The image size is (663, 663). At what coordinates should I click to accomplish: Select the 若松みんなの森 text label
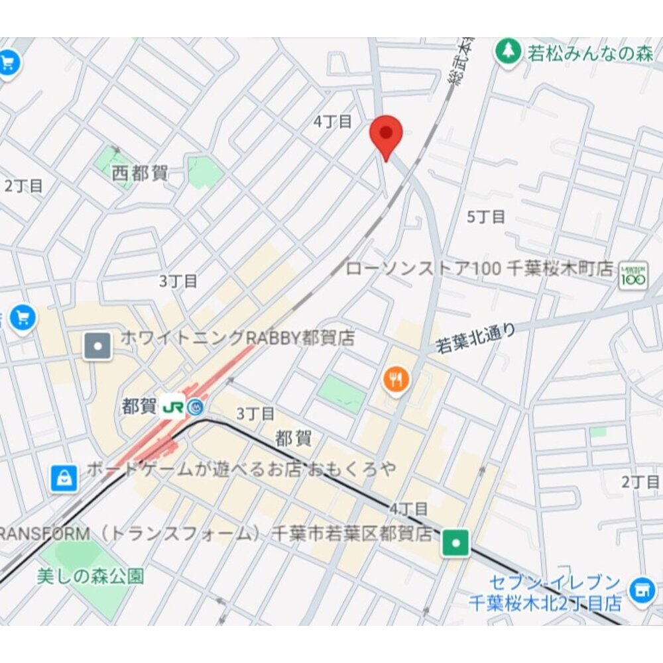tap(591, 54)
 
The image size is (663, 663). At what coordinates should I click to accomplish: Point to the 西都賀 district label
tap(140, 174)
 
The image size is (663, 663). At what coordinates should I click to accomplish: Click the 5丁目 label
tap(486, 217)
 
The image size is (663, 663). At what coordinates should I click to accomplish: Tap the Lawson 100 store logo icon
tap(633, 275)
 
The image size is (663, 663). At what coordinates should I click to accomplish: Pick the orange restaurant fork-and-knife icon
tap(396, 380)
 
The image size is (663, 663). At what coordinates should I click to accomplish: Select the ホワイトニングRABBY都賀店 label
tap(237, 338)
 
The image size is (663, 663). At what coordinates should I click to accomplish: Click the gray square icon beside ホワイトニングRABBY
tap(97, 346)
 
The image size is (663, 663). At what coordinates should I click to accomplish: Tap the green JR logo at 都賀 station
tap(173, 406)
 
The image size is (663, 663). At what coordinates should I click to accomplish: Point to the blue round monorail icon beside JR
tap(195, 407)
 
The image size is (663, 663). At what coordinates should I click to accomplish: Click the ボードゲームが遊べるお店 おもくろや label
tap(241, 470)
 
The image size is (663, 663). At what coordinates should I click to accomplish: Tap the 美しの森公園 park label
tap(90, 576)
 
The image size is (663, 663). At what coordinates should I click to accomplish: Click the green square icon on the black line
tap(456, 542)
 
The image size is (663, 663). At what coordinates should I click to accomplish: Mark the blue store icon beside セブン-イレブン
tap(642, 589)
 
